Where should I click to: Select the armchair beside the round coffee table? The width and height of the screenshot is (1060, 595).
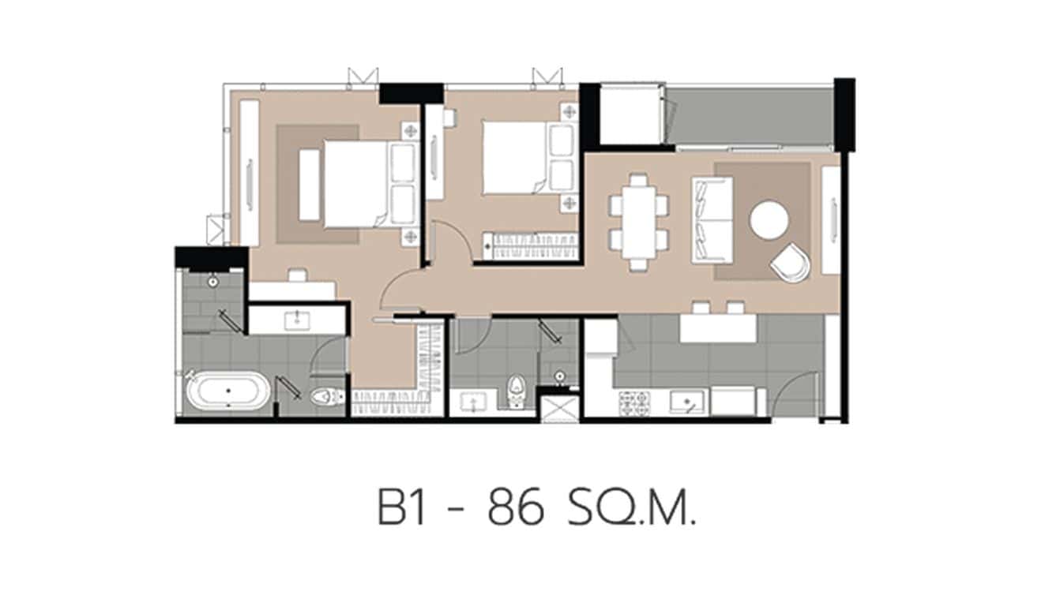tap(789, 262)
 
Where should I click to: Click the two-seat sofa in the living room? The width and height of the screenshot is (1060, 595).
tap(712, 219)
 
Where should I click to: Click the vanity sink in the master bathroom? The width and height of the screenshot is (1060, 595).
tap(297, 320)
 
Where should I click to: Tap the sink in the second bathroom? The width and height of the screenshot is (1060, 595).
tap(472, 402)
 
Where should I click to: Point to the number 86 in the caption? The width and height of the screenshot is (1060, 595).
tap(516, 509)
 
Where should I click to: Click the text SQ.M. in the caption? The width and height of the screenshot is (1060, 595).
tap(632, 509)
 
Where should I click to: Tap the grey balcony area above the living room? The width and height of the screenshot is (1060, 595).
tap(749, 115)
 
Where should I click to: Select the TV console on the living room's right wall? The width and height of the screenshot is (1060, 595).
tap(830, 221)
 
